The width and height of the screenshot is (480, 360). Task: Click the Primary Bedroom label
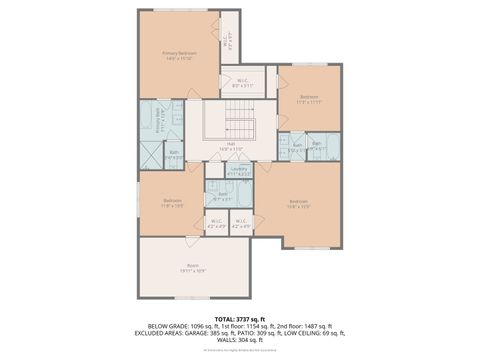[180, 54]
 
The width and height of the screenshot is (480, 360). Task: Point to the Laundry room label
[239, 171]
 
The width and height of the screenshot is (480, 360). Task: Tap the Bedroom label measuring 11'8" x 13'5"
[172, 202]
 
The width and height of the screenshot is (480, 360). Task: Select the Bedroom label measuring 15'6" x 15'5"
[298, 203]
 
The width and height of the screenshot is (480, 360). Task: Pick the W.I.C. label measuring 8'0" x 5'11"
[241, 83]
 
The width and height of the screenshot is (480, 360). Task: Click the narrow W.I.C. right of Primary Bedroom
[228, 43]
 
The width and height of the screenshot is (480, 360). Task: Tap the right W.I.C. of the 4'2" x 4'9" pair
[241, 224]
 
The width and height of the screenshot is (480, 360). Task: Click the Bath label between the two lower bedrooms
[224, 196]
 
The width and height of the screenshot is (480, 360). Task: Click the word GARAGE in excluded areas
[222, 333]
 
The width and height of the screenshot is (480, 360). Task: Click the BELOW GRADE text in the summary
[168, 327]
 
